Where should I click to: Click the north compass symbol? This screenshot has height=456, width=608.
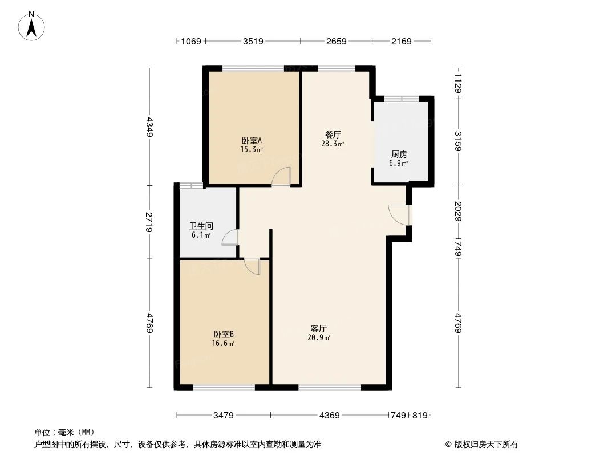coord(32,26)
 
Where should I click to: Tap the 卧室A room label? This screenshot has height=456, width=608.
coord(252,140)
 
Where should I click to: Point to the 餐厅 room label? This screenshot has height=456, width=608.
coord(333,135)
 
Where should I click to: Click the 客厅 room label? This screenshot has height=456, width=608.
coord(319,329)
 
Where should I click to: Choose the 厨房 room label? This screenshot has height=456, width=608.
coord(399,154)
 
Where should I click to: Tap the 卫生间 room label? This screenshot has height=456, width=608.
coord(201,226)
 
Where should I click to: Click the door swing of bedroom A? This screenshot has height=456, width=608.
coord(282,176)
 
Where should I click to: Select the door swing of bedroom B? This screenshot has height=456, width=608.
coord(252,266)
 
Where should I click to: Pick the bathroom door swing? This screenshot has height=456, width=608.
coord(230,237)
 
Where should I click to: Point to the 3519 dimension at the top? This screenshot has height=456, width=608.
coord(253,41)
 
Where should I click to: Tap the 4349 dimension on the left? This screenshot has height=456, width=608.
coord(149,127)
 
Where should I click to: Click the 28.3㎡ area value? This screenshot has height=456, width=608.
coord(333,144)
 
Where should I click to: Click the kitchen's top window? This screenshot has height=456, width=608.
coord(402,99)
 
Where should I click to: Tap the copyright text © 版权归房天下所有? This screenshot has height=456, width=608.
coord(478,445)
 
